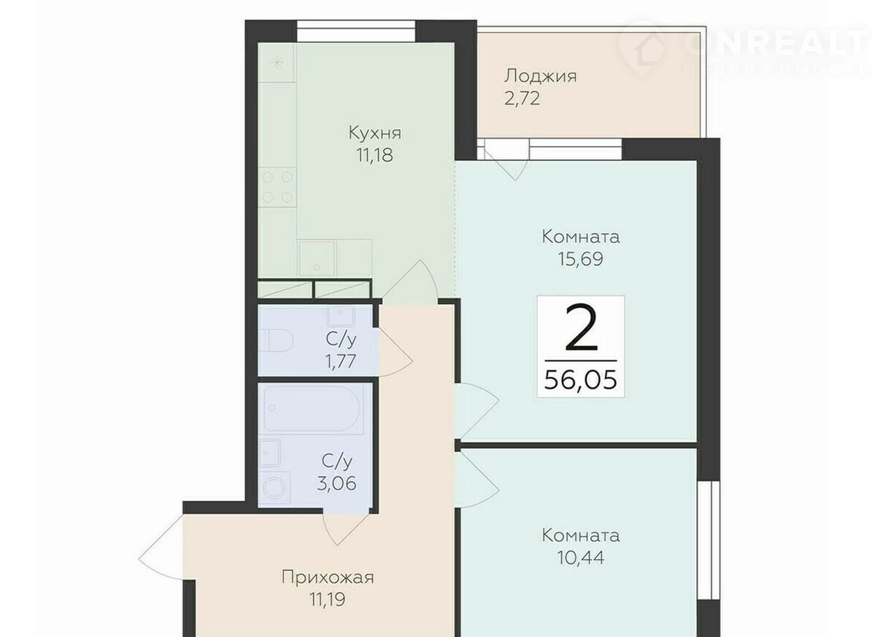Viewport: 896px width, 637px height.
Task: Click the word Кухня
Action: (x=374, y=133)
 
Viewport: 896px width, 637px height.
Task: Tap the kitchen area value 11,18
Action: (x=374, y=155)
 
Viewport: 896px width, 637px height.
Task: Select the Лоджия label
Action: (x=540, y=76)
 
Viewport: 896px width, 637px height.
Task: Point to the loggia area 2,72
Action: (x=522, y=99)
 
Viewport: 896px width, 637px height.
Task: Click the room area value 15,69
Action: (x=580, y=259)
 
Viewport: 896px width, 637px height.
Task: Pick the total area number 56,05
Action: (x=581, y=379)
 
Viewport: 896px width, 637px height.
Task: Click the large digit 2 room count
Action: (x=581, y=328)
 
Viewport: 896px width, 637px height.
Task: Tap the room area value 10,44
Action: (x=581, y=558)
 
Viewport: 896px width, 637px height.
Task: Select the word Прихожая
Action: (x=328, y=578)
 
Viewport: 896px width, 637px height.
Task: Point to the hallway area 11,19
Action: (x=327, y=600)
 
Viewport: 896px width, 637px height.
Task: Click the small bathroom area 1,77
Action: (x=340, y=362)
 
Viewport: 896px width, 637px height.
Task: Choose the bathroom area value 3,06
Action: (x=337, y=484)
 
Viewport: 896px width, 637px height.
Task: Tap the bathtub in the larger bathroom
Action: (x=311, y=409)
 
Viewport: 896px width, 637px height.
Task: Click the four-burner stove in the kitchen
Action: (x=277, y=188)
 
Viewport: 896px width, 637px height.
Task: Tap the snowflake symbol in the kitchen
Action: (x=276, y=63)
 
